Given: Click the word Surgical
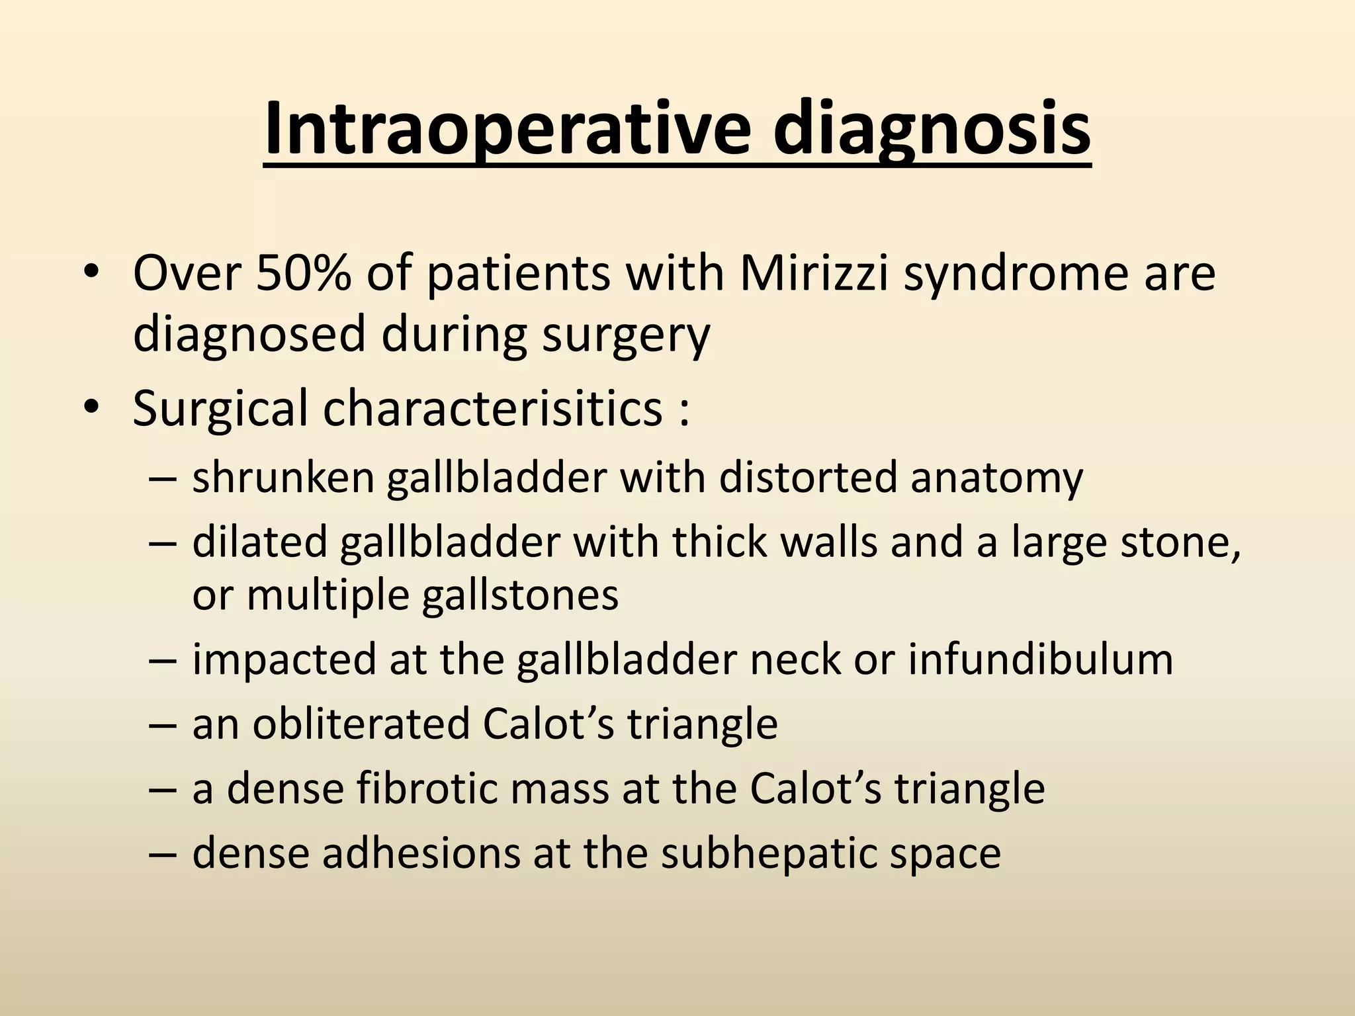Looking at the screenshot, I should click(x=220, y=409).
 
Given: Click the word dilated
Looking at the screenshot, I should click(x=260, y=542).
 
